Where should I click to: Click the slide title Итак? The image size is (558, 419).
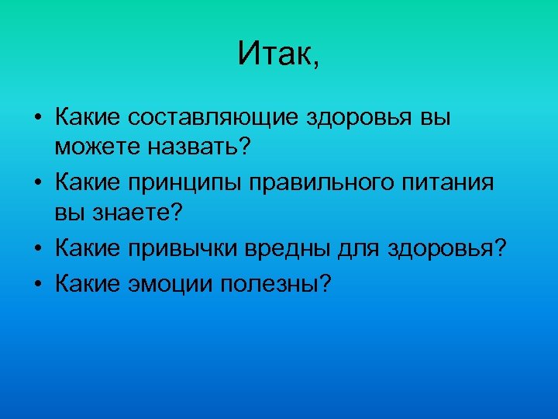(278, 54)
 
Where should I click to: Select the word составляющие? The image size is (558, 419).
(215, 118)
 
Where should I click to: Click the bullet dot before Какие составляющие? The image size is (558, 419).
(37, 119)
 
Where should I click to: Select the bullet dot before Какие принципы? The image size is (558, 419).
(37, 185)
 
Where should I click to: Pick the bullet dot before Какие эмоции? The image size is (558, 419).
(37, 284)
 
